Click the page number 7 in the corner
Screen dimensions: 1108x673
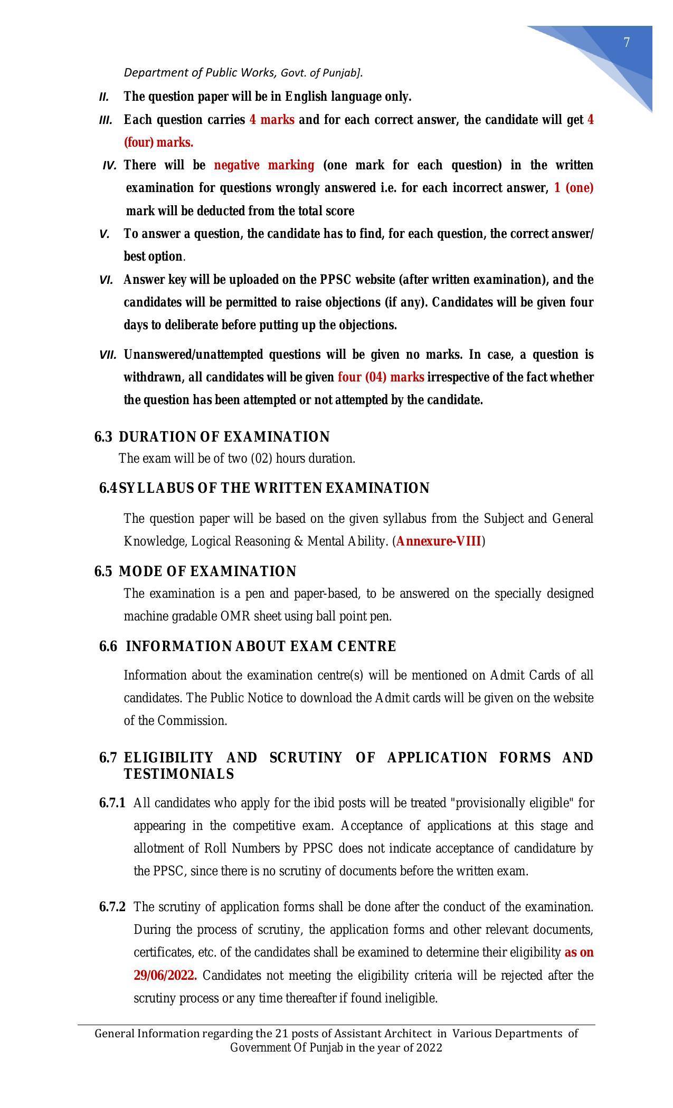(627, 43)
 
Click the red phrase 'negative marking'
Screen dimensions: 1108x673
(264, 166)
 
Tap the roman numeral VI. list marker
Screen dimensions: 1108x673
(106, 280)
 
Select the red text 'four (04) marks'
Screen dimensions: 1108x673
(381, 378)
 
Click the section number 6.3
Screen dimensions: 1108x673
(103, 437)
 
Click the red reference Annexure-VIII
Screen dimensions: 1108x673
(439, 541)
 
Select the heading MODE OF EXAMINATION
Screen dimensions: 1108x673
(207, 572)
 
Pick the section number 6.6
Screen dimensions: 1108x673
(108, 647)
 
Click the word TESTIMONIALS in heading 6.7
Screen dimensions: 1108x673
(178, 775)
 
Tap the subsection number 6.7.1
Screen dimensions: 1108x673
(112, 804)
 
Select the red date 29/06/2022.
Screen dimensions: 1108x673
(165, 976)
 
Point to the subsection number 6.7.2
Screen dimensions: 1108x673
(112, 908)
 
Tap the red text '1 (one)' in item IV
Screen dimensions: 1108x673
(573, 188)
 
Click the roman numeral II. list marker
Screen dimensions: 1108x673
(104, 98)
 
